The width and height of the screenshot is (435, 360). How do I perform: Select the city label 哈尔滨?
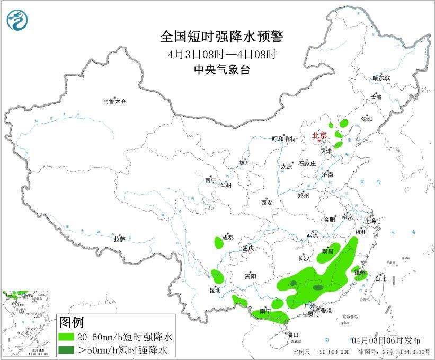coord(380,78)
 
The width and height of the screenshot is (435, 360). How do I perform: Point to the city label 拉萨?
coord(119,239)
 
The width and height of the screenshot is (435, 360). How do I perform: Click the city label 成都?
coord(228,238)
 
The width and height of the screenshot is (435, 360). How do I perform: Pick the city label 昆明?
coord(215,290)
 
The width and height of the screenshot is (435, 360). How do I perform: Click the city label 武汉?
coord(312,234)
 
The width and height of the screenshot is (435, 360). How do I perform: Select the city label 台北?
coord(380,278)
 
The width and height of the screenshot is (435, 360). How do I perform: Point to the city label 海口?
coord(293,335)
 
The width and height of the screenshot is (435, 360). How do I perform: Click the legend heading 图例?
coord(71,322)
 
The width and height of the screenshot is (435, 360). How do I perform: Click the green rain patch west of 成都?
coord(218,243)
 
